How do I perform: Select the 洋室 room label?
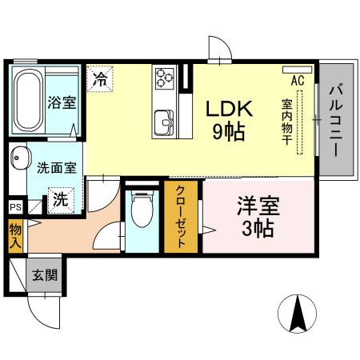257,206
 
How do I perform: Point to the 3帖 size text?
257,230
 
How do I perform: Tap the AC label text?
298,81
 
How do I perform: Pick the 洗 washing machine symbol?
59,200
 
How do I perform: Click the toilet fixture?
143,214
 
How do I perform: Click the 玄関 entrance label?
44,276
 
